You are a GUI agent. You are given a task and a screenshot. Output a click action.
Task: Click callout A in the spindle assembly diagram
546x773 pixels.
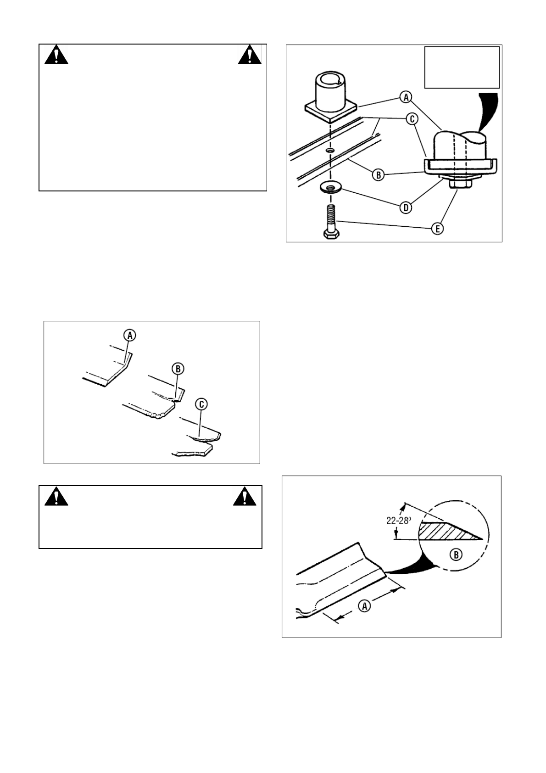click(406, 97)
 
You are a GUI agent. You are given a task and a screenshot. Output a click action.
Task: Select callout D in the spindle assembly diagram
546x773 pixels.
click(406, 207)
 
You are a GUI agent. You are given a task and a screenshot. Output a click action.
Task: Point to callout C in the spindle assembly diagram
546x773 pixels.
click(412, 119)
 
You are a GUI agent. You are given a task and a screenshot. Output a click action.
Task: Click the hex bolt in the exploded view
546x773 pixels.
click(330, 222)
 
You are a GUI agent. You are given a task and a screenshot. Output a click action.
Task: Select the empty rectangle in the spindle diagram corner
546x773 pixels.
click(462, 67)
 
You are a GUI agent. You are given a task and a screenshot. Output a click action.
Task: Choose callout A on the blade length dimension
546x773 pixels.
click(364, 606)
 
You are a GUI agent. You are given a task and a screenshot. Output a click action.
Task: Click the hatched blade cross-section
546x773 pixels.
click(445, 531)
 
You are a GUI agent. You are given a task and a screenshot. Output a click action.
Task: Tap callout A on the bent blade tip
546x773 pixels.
click(130, 336)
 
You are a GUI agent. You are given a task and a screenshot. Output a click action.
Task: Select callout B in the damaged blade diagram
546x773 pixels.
click(178, 368)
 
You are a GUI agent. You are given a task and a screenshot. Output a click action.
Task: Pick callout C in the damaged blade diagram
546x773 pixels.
click(201, 404)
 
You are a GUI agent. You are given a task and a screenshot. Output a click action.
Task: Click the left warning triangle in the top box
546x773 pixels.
click(56, 56)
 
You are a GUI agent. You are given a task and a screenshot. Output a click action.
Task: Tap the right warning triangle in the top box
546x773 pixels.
click(250, 55)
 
